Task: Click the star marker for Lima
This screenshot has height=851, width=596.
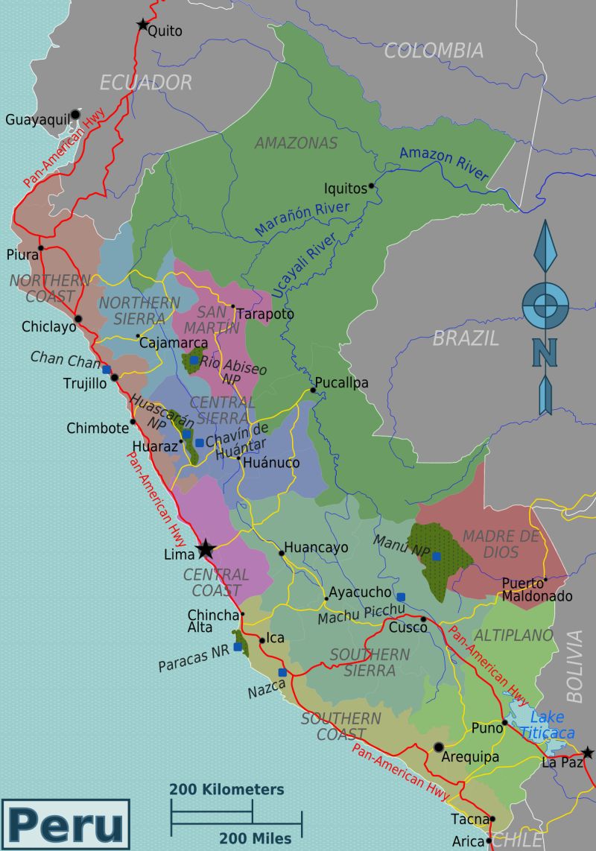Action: pos(206,550)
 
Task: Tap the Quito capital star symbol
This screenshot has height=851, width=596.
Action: pos(142,25)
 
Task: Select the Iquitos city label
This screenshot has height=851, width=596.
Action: pos(345,189)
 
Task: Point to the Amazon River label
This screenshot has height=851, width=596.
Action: pos(444,163)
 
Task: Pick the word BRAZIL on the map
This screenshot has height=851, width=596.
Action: pos(465,338)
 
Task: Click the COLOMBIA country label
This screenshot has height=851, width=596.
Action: pos(433,51)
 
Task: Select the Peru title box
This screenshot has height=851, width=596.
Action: pos(66,824)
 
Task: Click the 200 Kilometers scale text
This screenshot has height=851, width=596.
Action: pos(226,789)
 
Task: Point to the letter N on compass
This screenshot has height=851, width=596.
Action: pos(545,352)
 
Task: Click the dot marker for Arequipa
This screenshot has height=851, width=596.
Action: pos(439,747)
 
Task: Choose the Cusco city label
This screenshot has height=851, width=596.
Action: pos(408,627)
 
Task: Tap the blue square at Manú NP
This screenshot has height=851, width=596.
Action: pos(437,556)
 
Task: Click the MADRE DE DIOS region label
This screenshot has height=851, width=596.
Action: pos(500,544)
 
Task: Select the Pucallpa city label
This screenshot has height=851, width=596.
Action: pos(341,383)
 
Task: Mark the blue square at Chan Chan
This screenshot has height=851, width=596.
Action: pos(107,370)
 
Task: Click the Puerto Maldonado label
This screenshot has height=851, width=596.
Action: pos(536,589)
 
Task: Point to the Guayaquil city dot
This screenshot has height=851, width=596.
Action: pos(75,115)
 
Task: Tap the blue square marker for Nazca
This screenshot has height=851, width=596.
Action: pos(282,672)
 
